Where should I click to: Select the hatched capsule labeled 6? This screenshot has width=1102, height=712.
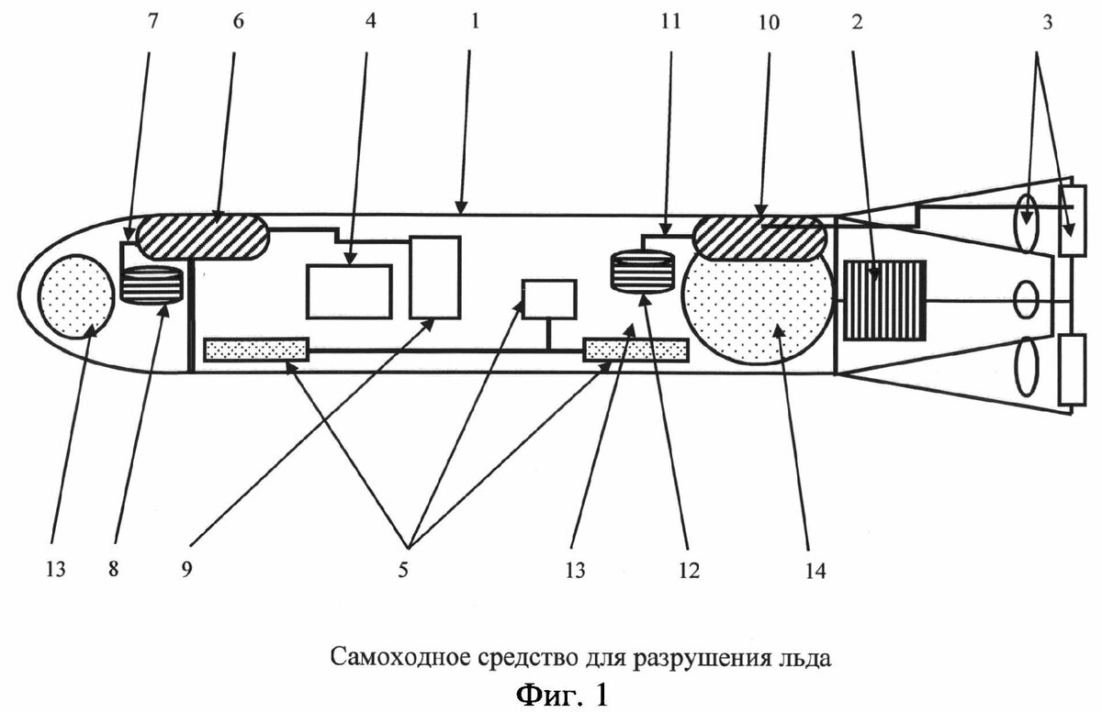point(203,235)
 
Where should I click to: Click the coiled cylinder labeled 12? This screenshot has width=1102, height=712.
point(642,273)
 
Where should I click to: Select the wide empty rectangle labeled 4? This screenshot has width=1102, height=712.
point(349,291)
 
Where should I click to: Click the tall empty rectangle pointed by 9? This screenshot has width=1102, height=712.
point(434,276)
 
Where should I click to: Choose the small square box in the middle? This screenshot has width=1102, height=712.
point(548,299)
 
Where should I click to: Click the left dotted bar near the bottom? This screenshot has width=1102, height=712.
point(256,350)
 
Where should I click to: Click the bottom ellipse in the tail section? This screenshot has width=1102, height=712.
point(1025,366)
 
